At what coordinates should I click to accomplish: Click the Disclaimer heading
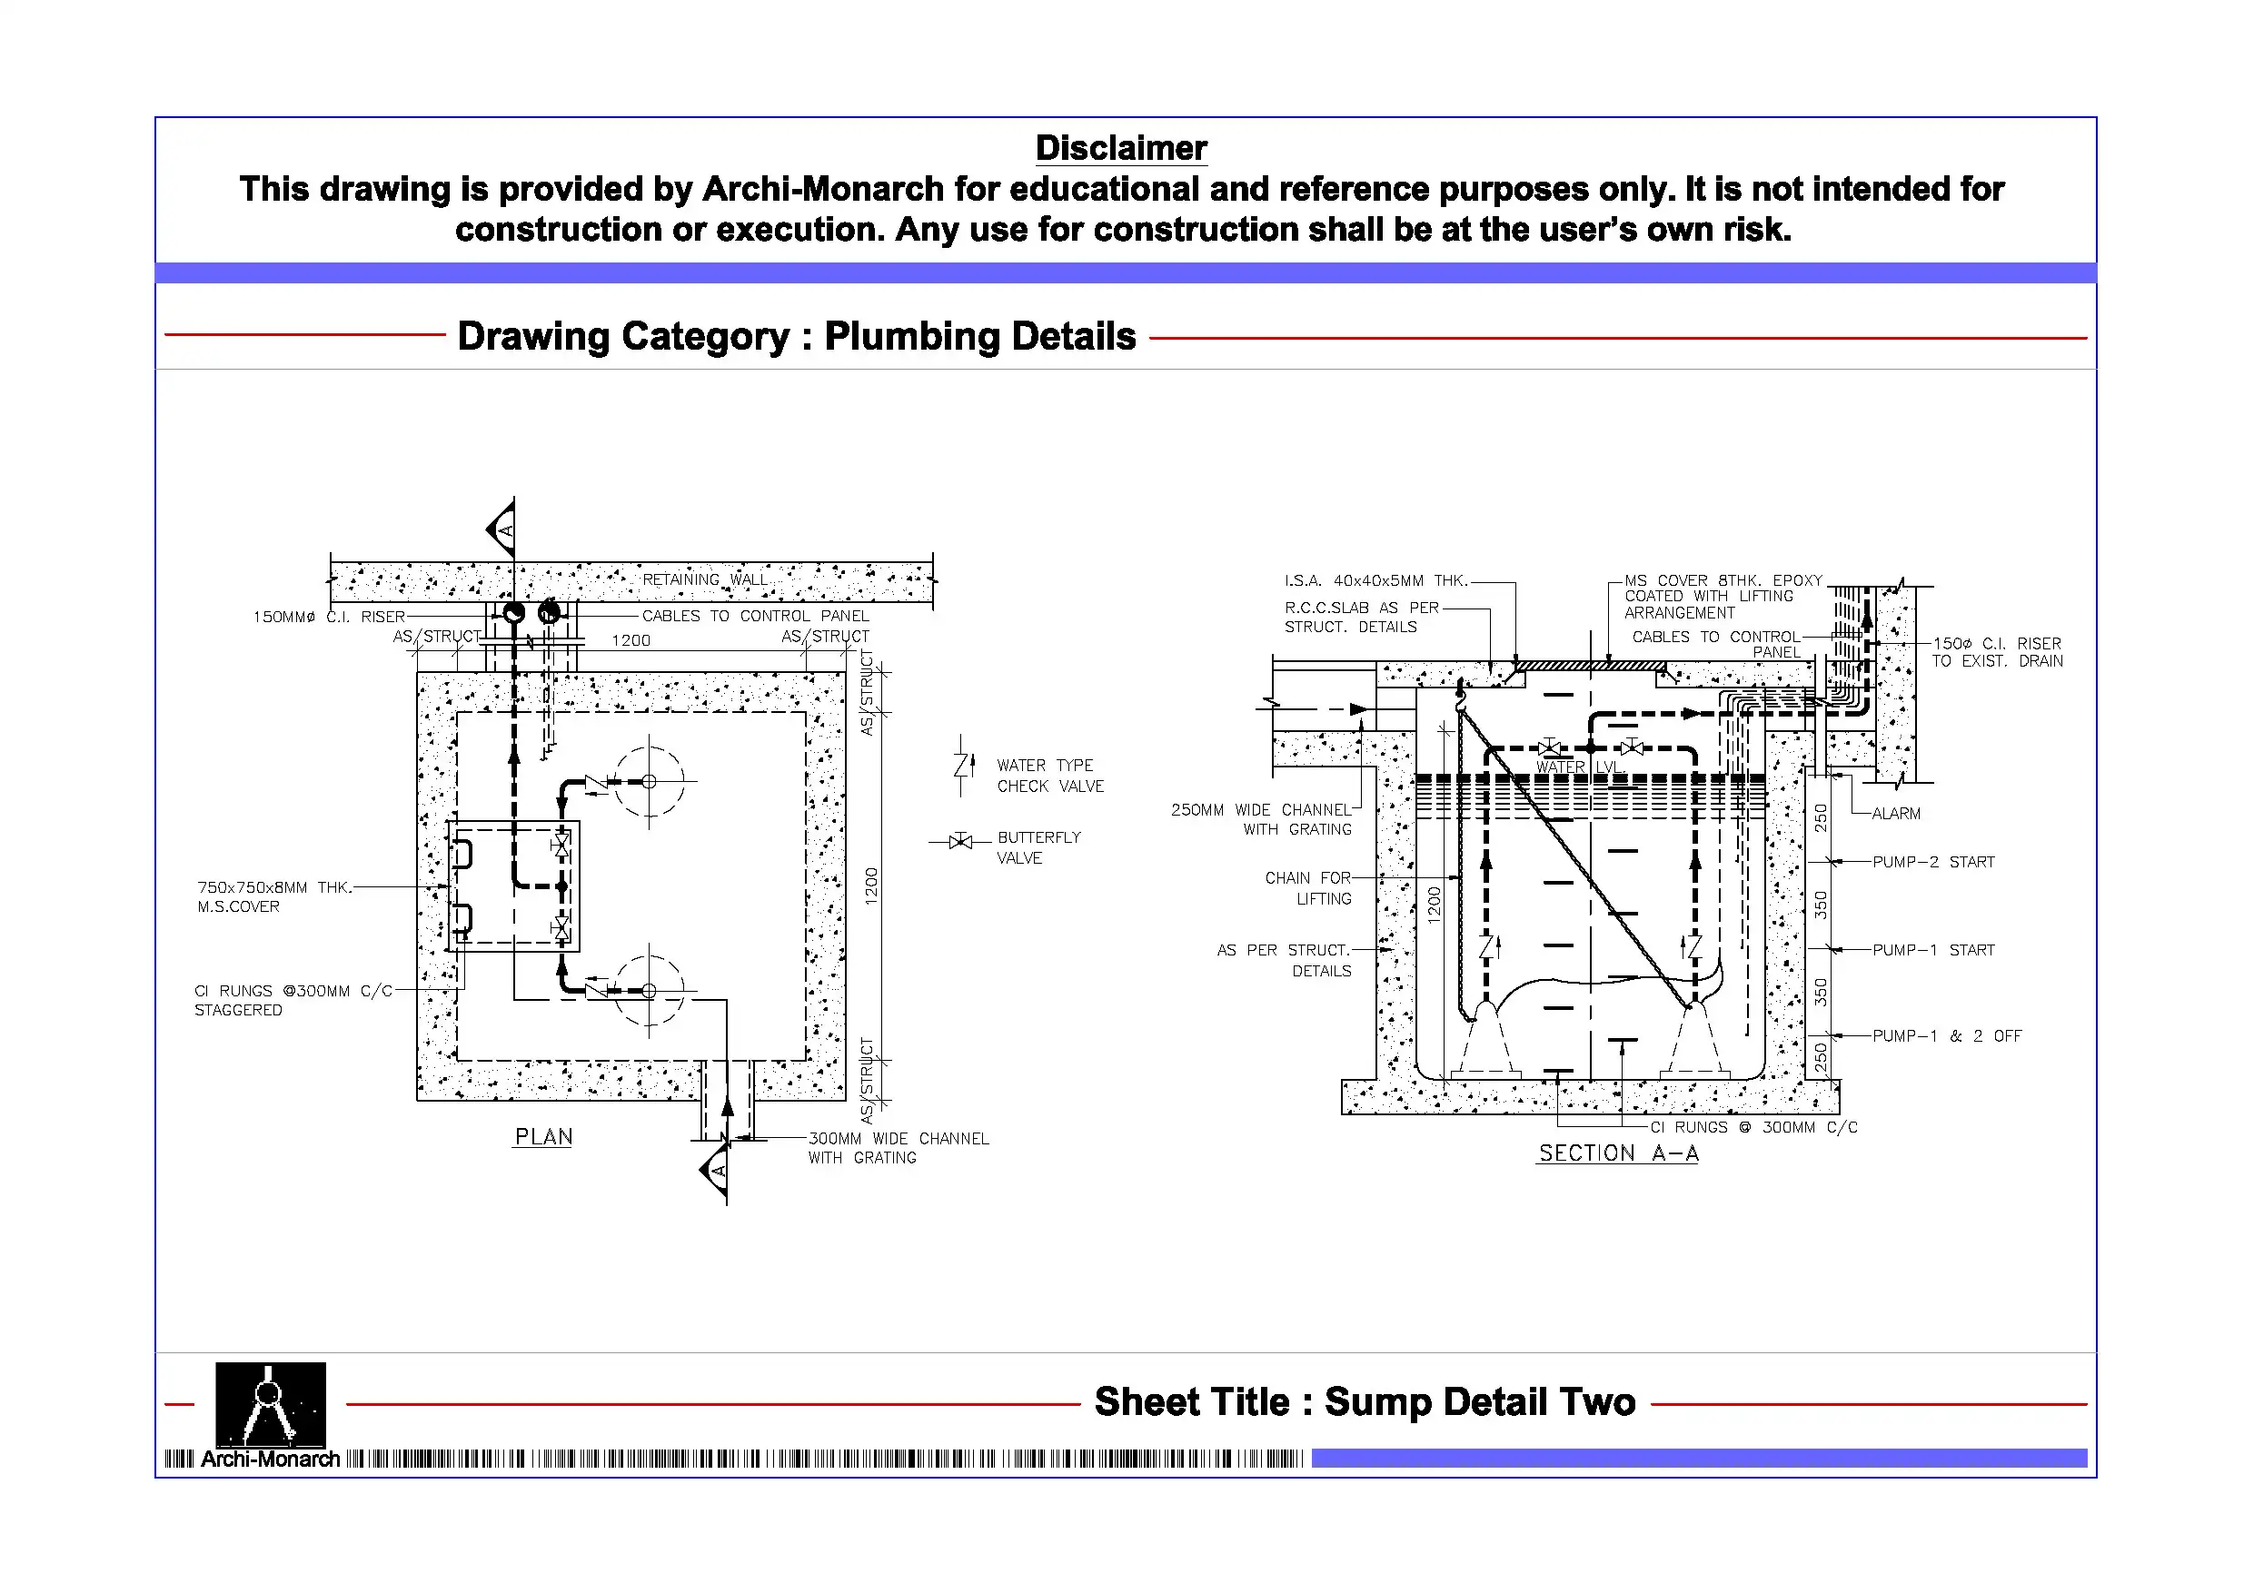point(1121,148)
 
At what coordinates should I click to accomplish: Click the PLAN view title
point(543,1136)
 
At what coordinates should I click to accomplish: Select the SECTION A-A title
point(1618,1153)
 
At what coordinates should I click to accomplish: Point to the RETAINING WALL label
point(706,579)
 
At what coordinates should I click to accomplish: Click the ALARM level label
point(1895,814)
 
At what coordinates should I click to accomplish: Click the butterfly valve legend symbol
point(960,841)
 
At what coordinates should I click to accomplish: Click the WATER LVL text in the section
point(1576,767)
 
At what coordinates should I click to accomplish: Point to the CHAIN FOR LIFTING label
point(1307,888)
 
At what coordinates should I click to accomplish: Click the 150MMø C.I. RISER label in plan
point(329,618)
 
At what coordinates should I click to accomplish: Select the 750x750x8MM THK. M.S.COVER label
point(273,897)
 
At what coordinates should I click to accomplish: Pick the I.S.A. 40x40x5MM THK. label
point(1375,581)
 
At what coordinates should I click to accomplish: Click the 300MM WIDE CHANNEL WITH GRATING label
point(898,1148)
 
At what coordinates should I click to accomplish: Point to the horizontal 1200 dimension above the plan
point(631,641)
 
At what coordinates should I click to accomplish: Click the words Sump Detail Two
point(1479,1401)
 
